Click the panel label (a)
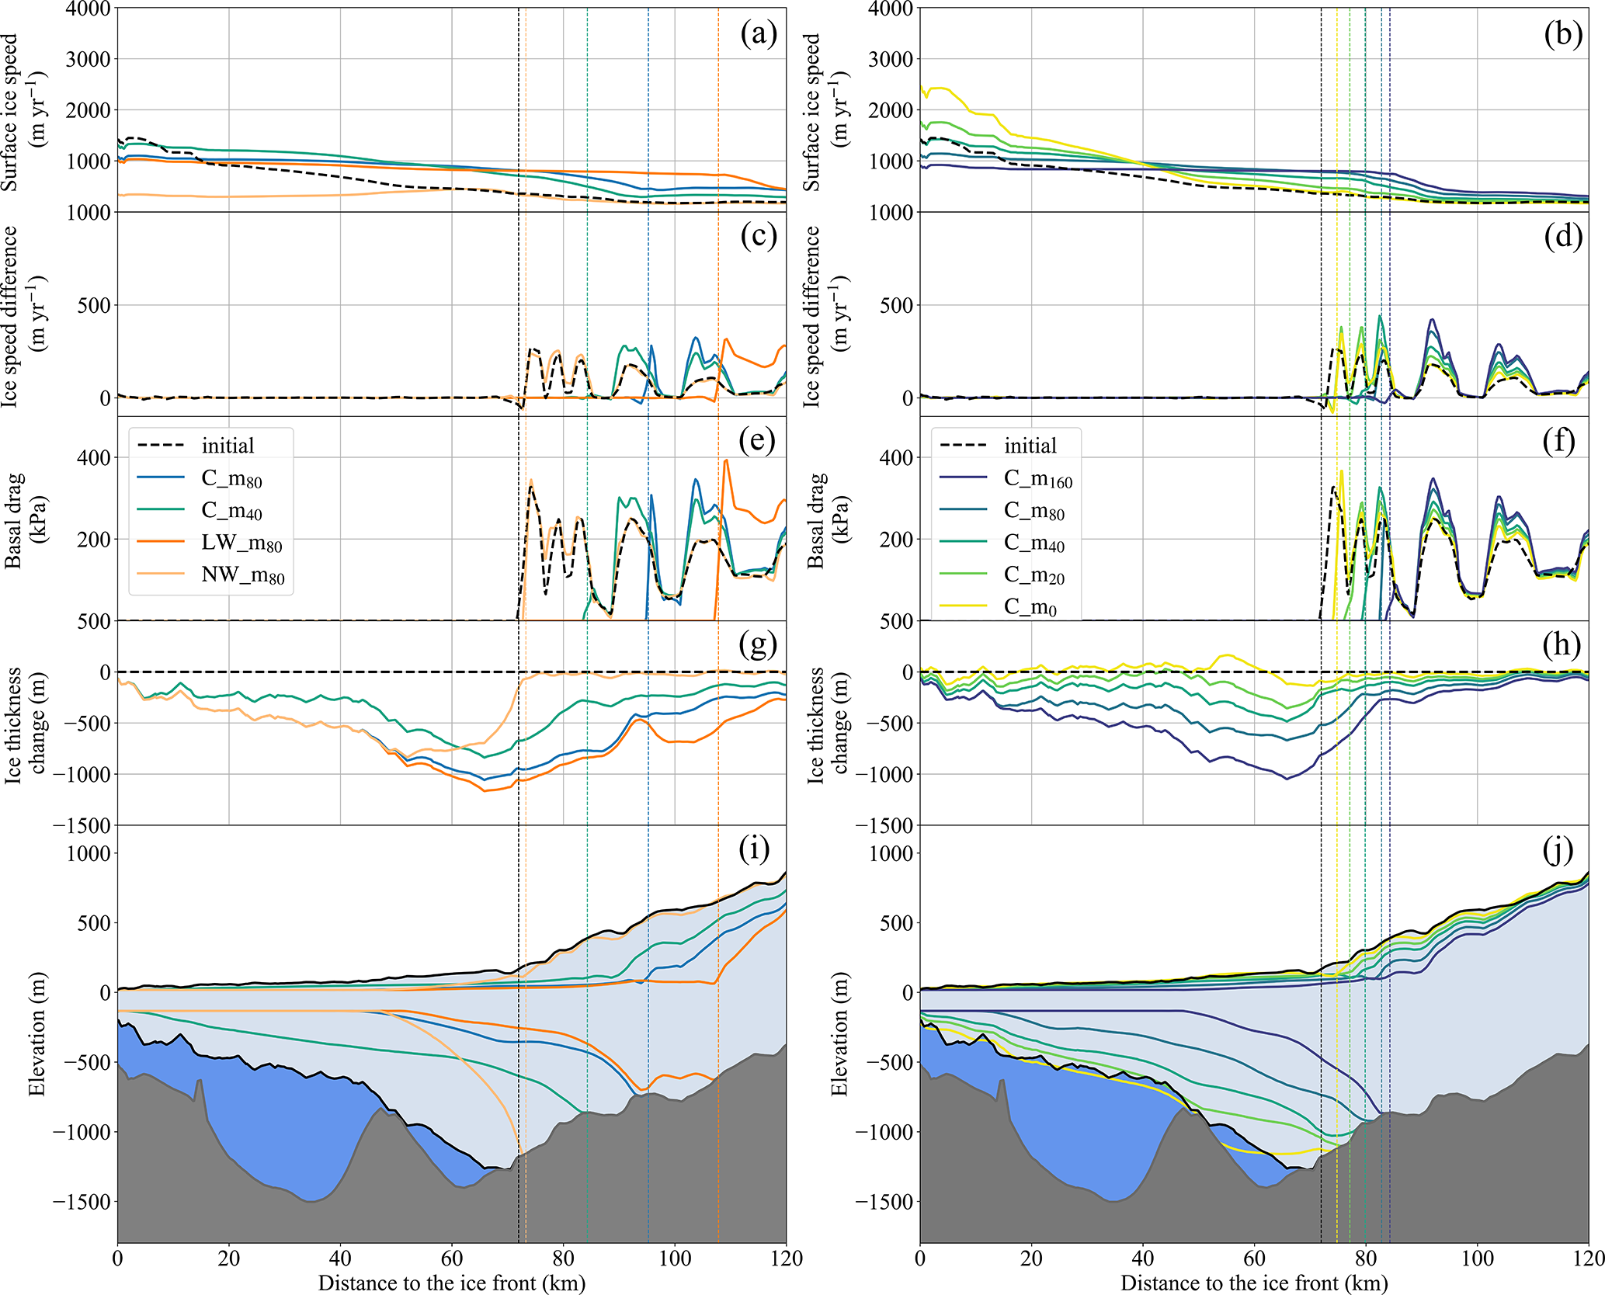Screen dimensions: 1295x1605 [x=758, y=34]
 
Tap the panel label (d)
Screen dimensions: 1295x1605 [x=1562, y=237]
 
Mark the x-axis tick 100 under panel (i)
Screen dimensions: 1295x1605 [x=675, y=1258]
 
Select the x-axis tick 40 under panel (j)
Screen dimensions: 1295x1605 [x=1143, y=1258]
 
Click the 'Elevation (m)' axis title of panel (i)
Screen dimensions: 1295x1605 [x=36, y=1033]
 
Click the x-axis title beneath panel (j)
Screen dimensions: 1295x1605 [x=1254, y=1283]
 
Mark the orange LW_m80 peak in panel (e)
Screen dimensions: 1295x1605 [x=726, y=460]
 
